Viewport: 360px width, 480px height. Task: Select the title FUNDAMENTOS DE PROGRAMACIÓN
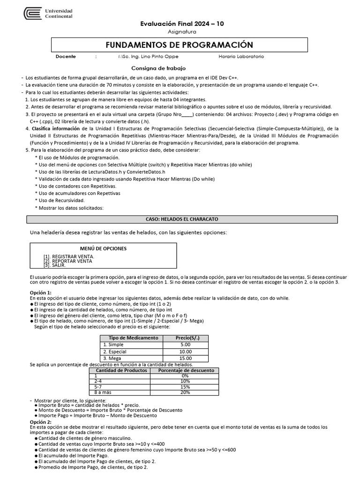click(x=180, y=45)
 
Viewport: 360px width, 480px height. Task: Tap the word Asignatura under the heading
click(x=182, y=32)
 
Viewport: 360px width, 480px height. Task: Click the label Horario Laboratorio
click(x=241, y=57)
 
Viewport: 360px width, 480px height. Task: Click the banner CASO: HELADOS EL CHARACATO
click(x=182, y=219)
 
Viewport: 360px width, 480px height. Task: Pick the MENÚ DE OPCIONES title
click(x=103, y=248)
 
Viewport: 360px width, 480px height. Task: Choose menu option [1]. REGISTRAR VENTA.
click(x=69, y=256)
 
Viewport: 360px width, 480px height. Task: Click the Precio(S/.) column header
click(x=185, y=337)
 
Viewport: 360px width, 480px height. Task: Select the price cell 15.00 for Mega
click(x=185, y=359)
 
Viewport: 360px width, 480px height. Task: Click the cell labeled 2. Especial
click(x=115, y=352)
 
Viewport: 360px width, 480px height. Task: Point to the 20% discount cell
click(x=185, y=392)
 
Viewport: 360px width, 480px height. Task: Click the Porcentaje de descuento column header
click(x=186, y=370)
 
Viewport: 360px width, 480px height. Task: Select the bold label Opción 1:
click(x=40, y=292)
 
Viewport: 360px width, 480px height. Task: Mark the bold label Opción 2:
click(x=40, y=421)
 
